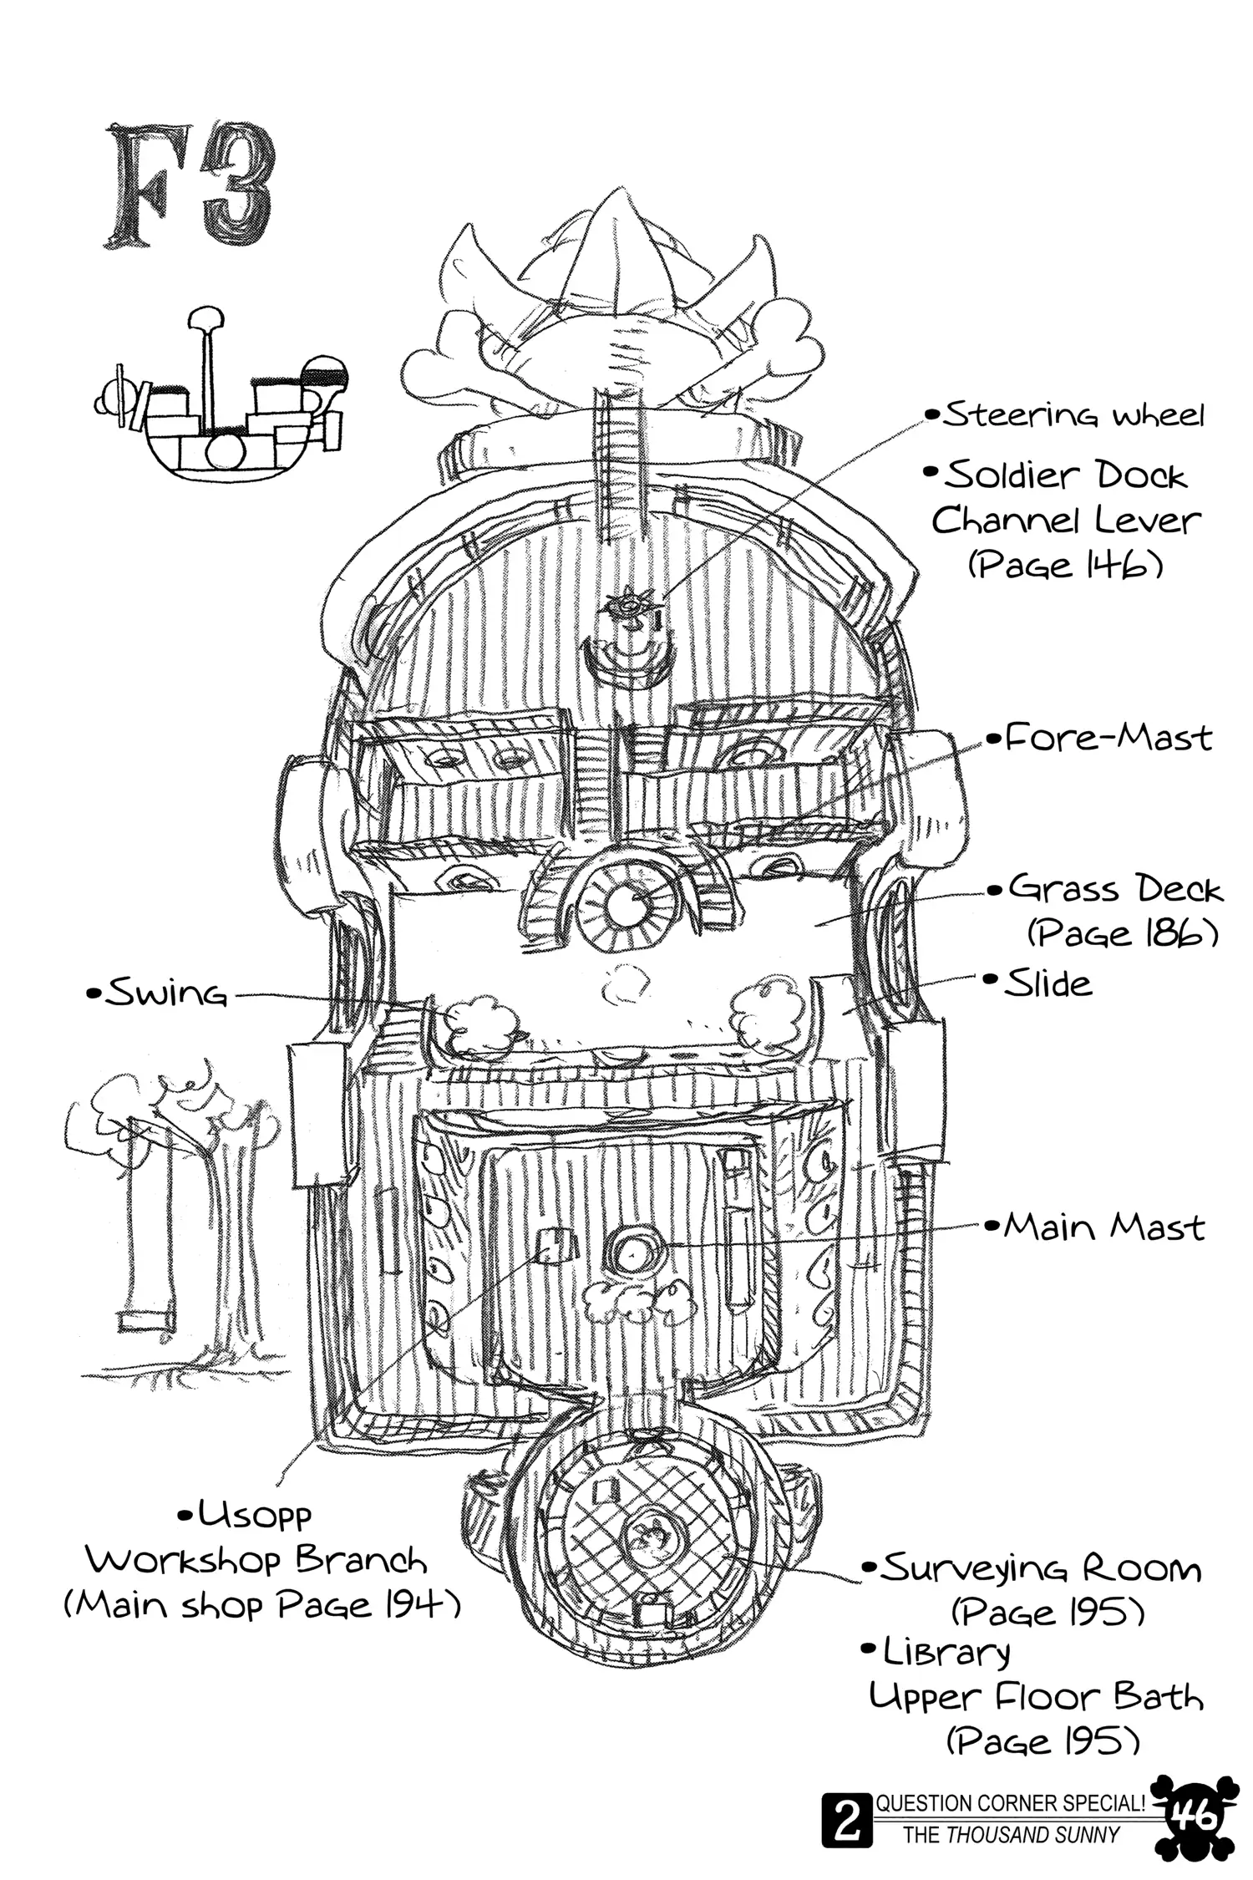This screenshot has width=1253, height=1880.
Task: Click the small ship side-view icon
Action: click(x=219, y=401)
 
